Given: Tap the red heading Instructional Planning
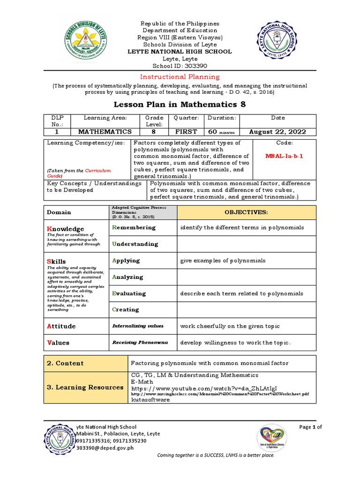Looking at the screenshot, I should pyautogui.click(x=180, y=76).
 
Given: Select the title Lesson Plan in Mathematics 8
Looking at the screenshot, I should pyautogui.click(x=180, y=104).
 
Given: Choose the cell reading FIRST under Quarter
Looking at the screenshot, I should pyautogui.click(x=186, y=132).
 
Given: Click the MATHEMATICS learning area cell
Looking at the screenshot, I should pyautogui.click(x=105, y=132).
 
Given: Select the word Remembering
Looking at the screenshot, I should pyautogui.click(x=134, y=227).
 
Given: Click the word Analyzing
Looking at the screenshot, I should pyautogui.click(x=127, y=277).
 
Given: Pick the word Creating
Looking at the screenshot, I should pyautogui.click(x=126, y=309).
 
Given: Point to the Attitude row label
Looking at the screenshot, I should pyautogui.click(x=61, y=326).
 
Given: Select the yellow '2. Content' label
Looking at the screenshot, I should pyautogui.click(x=65, y=363).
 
